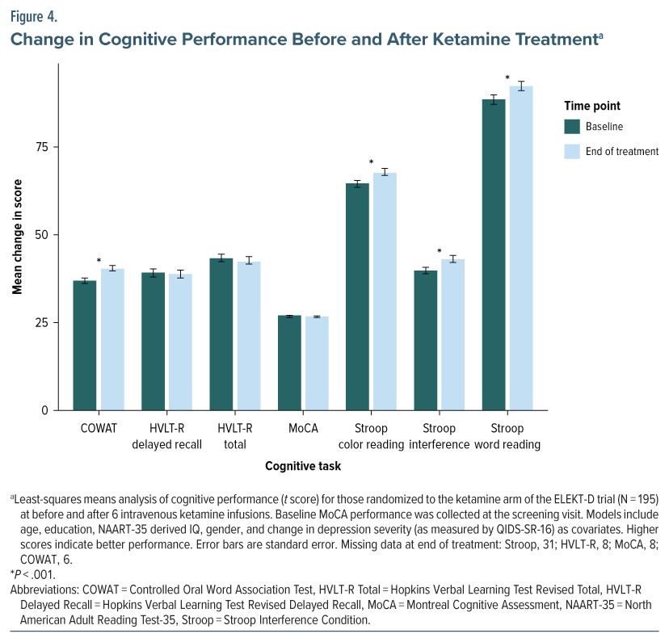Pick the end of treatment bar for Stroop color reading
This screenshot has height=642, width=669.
(x=384, y=291)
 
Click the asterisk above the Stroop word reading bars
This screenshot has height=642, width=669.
(x=507, y=78)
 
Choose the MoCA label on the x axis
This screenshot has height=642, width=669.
(x=302, y=428)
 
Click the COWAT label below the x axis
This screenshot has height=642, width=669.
(x=98, y=428)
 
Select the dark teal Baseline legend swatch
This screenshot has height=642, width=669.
(x=572, y=126)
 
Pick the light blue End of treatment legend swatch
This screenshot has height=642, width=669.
(x=572, y=151)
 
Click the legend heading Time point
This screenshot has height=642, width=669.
(x=591, y=106)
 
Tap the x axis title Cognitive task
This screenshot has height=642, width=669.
(x=302, y=466)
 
